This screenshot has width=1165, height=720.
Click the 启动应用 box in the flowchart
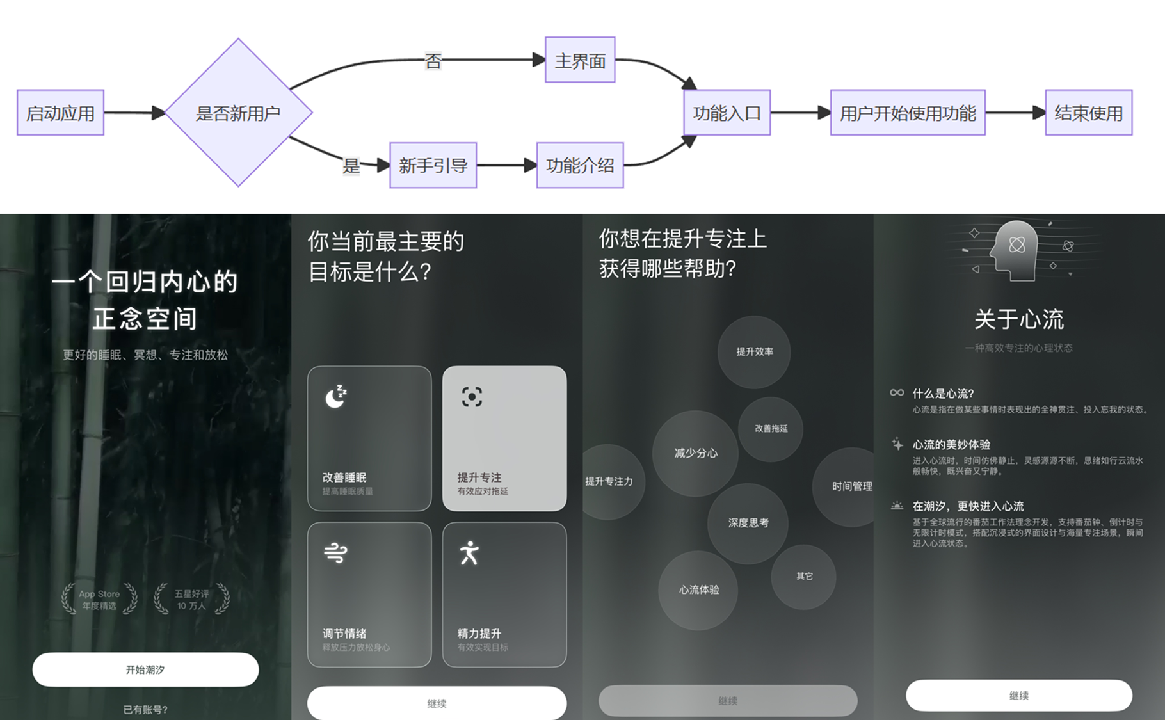tap(60, 113)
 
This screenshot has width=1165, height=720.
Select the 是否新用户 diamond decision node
tap(238, 113)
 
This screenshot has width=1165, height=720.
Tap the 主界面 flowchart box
tap(580, 60)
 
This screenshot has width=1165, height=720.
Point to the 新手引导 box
tap(433, 165)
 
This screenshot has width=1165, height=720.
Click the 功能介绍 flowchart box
tap(580, 165)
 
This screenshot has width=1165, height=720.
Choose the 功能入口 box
tap(727, 113)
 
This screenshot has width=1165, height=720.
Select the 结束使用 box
tap(1088, 113)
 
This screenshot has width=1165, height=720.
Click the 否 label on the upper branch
tap(433, 61)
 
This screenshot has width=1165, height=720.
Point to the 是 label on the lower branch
tap(351, 166)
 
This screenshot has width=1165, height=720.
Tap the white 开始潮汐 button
tap(145, 669)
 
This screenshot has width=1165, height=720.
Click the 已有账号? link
tap(145, 709)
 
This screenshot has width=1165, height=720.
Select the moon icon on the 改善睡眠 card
tap(335, 397)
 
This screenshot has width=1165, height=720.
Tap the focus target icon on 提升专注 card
tap(472, 397)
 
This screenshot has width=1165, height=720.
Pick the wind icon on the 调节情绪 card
tap(335, 552)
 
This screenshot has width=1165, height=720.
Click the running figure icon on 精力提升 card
tap(470, 553)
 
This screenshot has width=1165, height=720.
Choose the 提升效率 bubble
tap(754, 351)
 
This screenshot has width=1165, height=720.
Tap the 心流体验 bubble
tap(698, 589)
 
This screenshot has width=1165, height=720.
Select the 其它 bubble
tap(804, 576)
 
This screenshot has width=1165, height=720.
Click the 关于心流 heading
tap(1018, 319)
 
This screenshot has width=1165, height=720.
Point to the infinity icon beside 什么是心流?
tap(897, 392)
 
